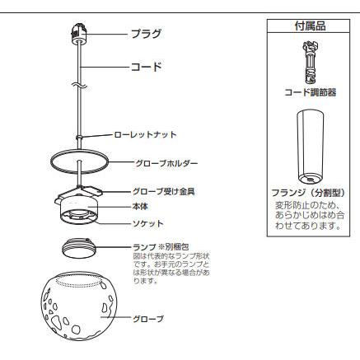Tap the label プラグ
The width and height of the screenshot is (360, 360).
[146, 34]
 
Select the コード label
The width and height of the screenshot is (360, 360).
[146, 67]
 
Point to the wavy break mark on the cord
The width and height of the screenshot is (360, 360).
[79, 86]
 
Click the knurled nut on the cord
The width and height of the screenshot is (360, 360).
[79, 137]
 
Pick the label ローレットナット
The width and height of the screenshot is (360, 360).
[145, 134]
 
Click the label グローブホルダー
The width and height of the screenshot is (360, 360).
[166, 163]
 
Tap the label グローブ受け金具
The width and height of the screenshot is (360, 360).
[164, 191]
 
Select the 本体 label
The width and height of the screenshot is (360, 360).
[140, 206]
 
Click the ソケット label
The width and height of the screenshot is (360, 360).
[148, 224]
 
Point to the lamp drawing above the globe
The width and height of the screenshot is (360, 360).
[79, 248]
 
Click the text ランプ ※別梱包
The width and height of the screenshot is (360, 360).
[161, 247]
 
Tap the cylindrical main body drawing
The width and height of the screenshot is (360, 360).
[79, 213]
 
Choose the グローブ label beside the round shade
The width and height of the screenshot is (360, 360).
[148, 319]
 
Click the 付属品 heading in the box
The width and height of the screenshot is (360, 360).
[310, 26]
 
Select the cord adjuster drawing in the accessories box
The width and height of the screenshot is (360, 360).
[310, 62]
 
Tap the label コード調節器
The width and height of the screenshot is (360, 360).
[311, 92]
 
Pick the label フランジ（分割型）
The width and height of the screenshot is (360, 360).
[308, 193]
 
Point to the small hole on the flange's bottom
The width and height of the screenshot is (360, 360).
[310, 180]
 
